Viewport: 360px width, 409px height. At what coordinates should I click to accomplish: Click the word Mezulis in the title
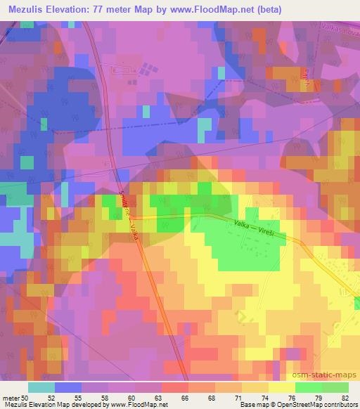[28, 9]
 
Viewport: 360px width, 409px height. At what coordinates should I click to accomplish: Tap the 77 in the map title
[102, 9]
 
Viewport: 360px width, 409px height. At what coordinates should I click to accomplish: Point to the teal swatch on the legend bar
[42, 387]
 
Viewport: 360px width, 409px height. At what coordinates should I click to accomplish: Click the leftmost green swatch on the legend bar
[309, 387]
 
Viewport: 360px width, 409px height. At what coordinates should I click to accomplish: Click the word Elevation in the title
[70, 9]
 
